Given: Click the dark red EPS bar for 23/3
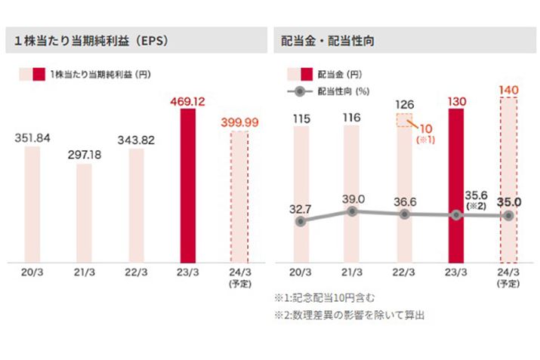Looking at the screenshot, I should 187,185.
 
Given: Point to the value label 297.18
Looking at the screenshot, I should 84,154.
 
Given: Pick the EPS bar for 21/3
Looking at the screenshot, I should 84,213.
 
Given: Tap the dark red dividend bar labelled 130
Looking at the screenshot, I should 455,185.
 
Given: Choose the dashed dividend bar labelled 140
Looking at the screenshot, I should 508,181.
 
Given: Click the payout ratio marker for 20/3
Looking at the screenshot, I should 301,222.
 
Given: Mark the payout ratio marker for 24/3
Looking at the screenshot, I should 508,215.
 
